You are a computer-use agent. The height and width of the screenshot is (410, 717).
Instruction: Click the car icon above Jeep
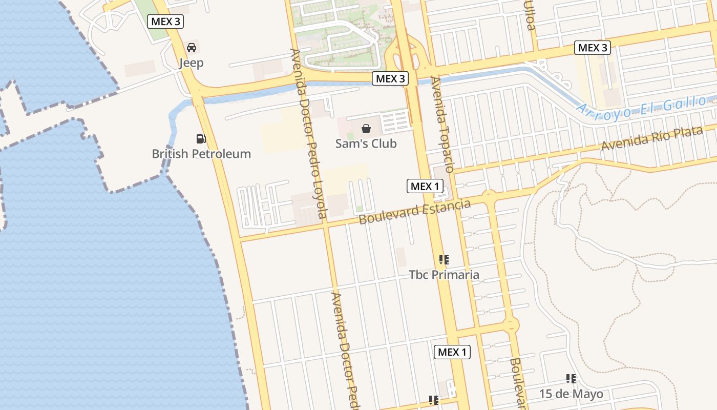(x=192, y=48)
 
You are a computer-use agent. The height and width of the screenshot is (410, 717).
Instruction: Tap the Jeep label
(x=191, y=63)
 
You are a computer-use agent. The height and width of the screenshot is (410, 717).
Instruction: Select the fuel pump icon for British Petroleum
(x=201, y=138)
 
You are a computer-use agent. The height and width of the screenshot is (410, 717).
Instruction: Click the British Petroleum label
(x=201, y=154)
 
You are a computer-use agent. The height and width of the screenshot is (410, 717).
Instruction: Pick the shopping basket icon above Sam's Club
(x=366, y=129)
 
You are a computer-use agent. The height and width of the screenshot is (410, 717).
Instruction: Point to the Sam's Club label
(x=366, y=143)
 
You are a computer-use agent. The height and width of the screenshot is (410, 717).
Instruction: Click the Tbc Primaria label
(x=444, y=275)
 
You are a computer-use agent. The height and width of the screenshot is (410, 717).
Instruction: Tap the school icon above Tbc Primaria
(x=444, y=260)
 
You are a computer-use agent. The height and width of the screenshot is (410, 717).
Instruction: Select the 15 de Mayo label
(x=571, y=394)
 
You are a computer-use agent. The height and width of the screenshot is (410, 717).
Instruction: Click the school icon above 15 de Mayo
(x=571, y=379)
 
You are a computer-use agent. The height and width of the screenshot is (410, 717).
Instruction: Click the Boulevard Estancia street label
(x=414, y=212)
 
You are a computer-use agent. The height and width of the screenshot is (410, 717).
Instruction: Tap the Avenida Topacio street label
(x=442, y=125)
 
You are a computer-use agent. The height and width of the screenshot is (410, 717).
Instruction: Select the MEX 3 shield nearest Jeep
(x=165, y=22)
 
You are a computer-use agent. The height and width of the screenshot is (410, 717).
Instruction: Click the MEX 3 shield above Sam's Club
(x=390, y=78)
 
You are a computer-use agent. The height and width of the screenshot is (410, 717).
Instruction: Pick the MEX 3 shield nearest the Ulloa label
(x=593, y=48)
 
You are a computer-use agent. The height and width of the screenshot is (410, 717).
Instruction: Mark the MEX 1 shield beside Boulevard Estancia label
(x=425, y=186)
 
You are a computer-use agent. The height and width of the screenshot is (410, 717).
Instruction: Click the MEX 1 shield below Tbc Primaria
(x=453, y=352)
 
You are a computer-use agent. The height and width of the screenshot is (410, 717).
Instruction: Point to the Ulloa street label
(x=530, y=15)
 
